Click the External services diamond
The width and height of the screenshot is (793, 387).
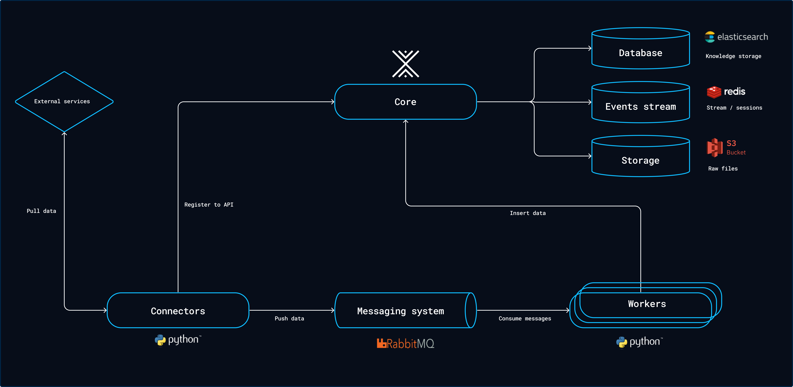tap(64, 101)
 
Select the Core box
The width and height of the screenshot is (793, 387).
tap(405, 102)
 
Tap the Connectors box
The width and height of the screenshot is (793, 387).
tap(178, 311)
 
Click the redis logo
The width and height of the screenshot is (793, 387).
tap(726, 92)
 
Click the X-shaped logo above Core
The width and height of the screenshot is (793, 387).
tap(405, 64)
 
